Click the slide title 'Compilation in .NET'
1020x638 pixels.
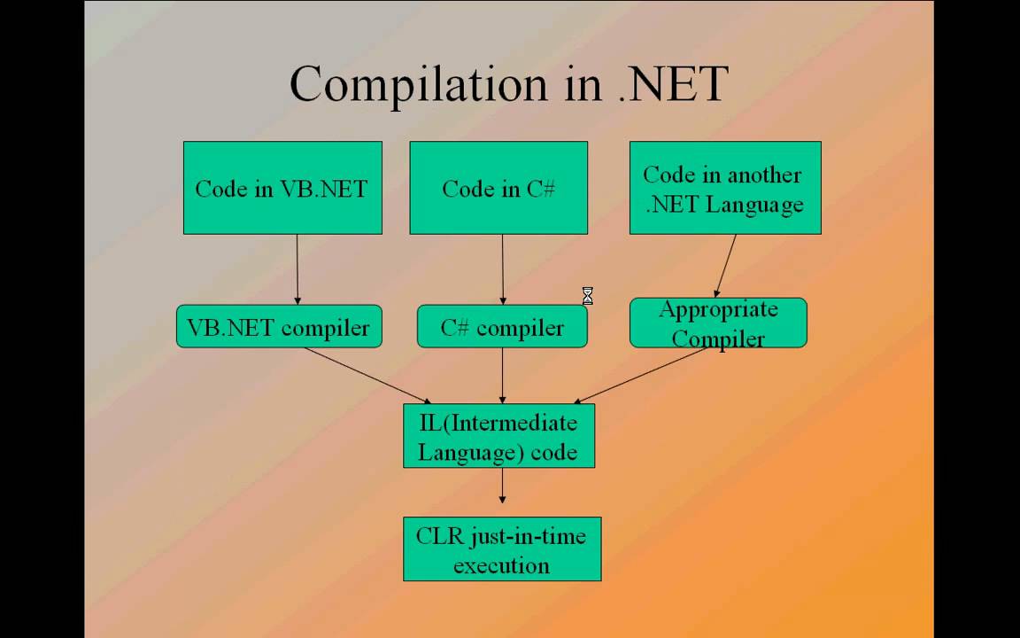click(x=508, y=84)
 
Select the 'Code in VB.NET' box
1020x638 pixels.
click(x=282, y=188)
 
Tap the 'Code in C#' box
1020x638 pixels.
click(x=498, y=188)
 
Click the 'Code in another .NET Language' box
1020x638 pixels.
click(x=724, y=188)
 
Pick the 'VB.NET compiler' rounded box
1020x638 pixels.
click(x=279, y=327)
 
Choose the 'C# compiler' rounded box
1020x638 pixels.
click(x=502, y=327)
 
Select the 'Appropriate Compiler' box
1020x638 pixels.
click(x=718, y=323)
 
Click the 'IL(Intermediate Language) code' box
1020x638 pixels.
click(x=498, y=436)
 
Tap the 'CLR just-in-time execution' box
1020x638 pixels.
click(x=502, y=549)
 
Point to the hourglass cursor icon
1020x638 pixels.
click(x=587, y=296)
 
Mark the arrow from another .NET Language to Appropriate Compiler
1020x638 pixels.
click(x=726, y=266)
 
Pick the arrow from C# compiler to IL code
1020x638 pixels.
click(x=502, y=376)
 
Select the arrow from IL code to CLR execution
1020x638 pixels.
click(x=502, y=486)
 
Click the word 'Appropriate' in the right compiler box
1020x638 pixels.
click(x=718, y=310)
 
